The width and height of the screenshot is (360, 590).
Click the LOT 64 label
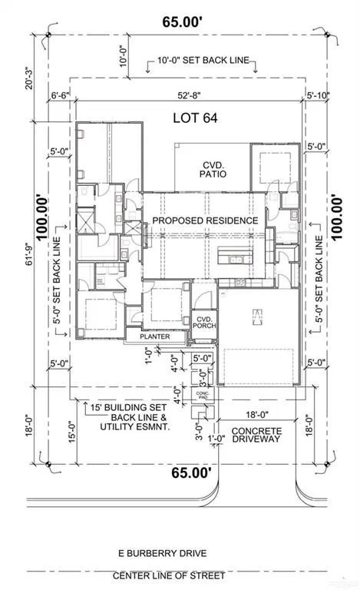click(195, 118)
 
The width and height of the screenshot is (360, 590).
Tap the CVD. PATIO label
click(213, 169)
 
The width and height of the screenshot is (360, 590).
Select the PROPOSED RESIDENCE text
click(205, 220)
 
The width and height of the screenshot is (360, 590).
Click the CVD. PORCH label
click(204, 323)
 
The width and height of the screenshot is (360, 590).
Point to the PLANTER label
click(155, 336)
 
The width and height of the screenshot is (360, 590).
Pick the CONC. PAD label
click(203, 395)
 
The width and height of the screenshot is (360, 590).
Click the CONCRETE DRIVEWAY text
click(256, 435)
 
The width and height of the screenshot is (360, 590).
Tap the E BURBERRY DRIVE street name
click(162, 553)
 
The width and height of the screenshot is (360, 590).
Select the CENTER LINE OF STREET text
click(169, 575)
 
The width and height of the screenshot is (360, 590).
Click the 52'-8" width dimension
click(189, 95)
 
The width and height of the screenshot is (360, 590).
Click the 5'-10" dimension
click(318, 95)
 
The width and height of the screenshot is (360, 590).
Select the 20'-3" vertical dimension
click(29, 78)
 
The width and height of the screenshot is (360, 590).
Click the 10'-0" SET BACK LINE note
click(203, 60)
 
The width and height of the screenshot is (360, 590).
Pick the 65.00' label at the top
click(183, 22)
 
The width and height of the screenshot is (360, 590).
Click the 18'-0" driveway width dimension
click(257, 415)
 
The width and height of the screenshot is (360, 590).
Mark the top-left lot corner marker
click(48, 35)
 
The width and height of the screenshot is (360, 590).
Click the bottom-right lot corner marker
click(327, 464)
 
